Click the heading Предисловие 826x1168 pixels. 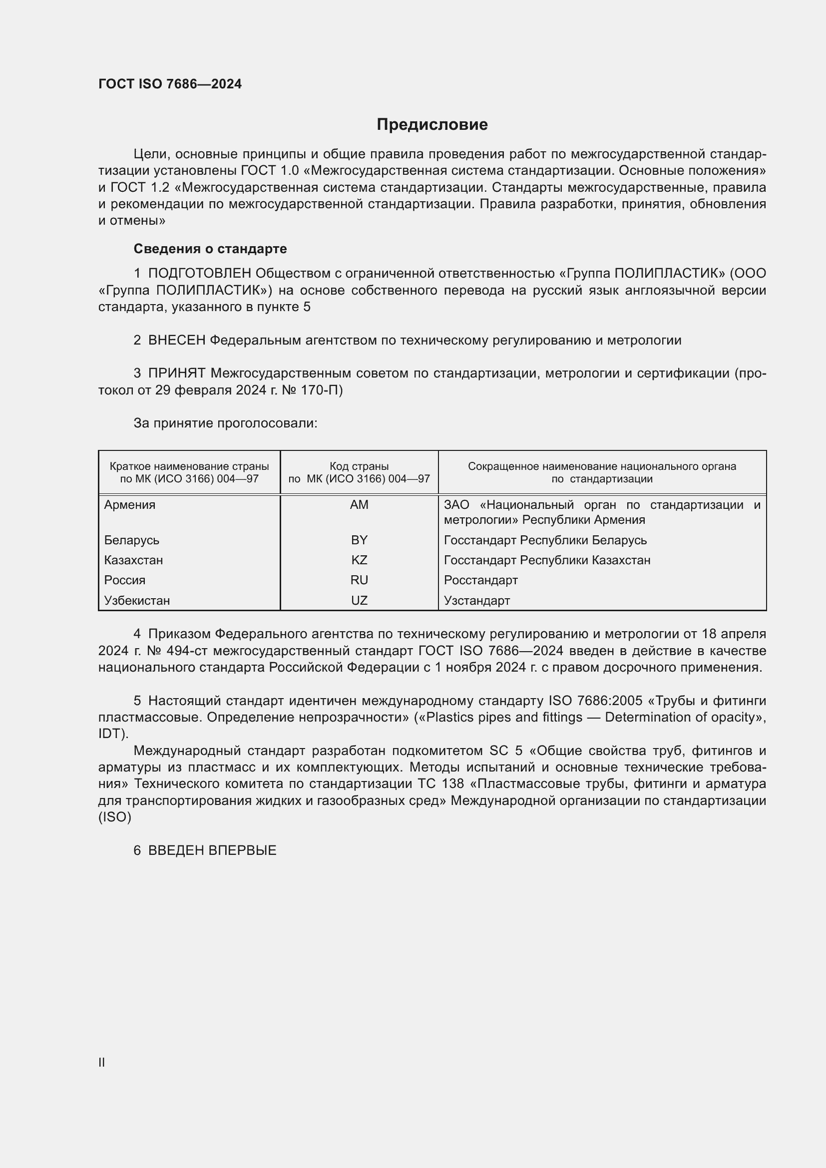tap(432, 125)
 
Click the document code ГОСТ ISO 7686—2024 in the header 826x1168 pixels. tap(170, 84)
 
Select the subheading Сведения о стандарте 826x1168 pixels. tap(210, 249)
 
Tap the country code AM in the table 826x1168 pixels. tap(359, 505)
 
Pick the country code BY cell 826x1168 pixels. tap(359, 540)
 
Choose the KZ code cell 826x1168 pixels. tap(359, 560)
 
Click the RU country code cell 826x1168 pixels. tap(359, 580)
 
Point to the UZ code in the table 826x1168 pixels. tap(359, 600)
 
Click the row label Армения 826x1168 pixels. tap(130, 505)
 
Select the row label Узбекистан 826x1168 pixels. tap(137, 600)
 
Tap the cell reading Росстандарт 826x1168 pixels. tap(480, 580)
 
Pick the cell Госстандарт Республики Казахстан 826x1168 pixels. tap(547, 560)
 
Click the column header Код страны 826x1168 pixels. tap(359, 466)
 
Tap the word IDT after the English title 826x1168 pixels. tap(110, 734)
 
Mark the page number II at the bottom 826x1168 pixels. tap(102, 1062)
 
